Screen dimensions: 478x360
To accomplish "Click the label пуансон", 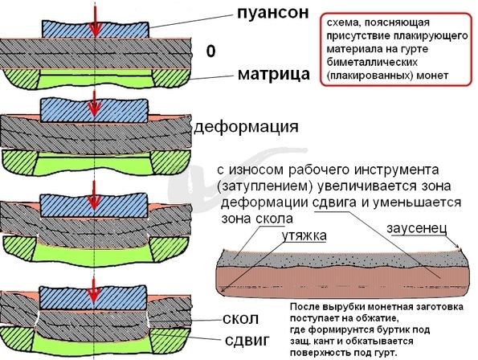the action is click(273, 14).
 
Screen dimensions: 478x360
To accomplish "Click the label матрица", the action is click(273, 74).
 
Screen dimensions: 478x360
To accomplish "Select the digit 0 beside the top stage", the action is click(210, 51).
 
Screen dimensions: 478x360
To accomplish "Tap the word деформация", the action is click(247, 127).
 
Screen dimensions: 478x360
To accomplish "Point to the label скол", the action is click(240, 319).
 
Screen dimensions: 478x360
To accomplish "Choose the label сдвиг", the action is click(247, 340).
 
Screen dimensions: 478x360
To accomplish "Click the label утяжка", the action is click(304, 235).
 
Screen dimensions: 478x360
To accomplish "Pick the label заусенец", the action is click(417, 228).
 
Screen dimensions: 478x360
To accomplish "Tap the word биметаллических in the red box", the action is click(372, 62).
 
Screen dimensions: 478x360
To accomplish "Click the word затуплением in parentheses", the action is click(265, 186).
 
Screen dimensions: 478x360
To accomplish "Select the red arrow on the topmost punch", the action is click(96, 19).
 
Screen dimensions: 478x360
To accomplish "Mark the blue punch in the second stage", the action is click(94, 110).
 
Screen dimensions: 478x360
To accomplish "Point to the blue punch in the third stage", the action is click(94, 205).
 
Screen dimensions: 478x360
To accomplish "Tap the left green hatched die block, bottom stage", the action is click(18, 338).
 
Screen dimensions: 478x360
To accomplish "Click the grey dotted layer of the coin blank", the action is click(341, 259).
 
